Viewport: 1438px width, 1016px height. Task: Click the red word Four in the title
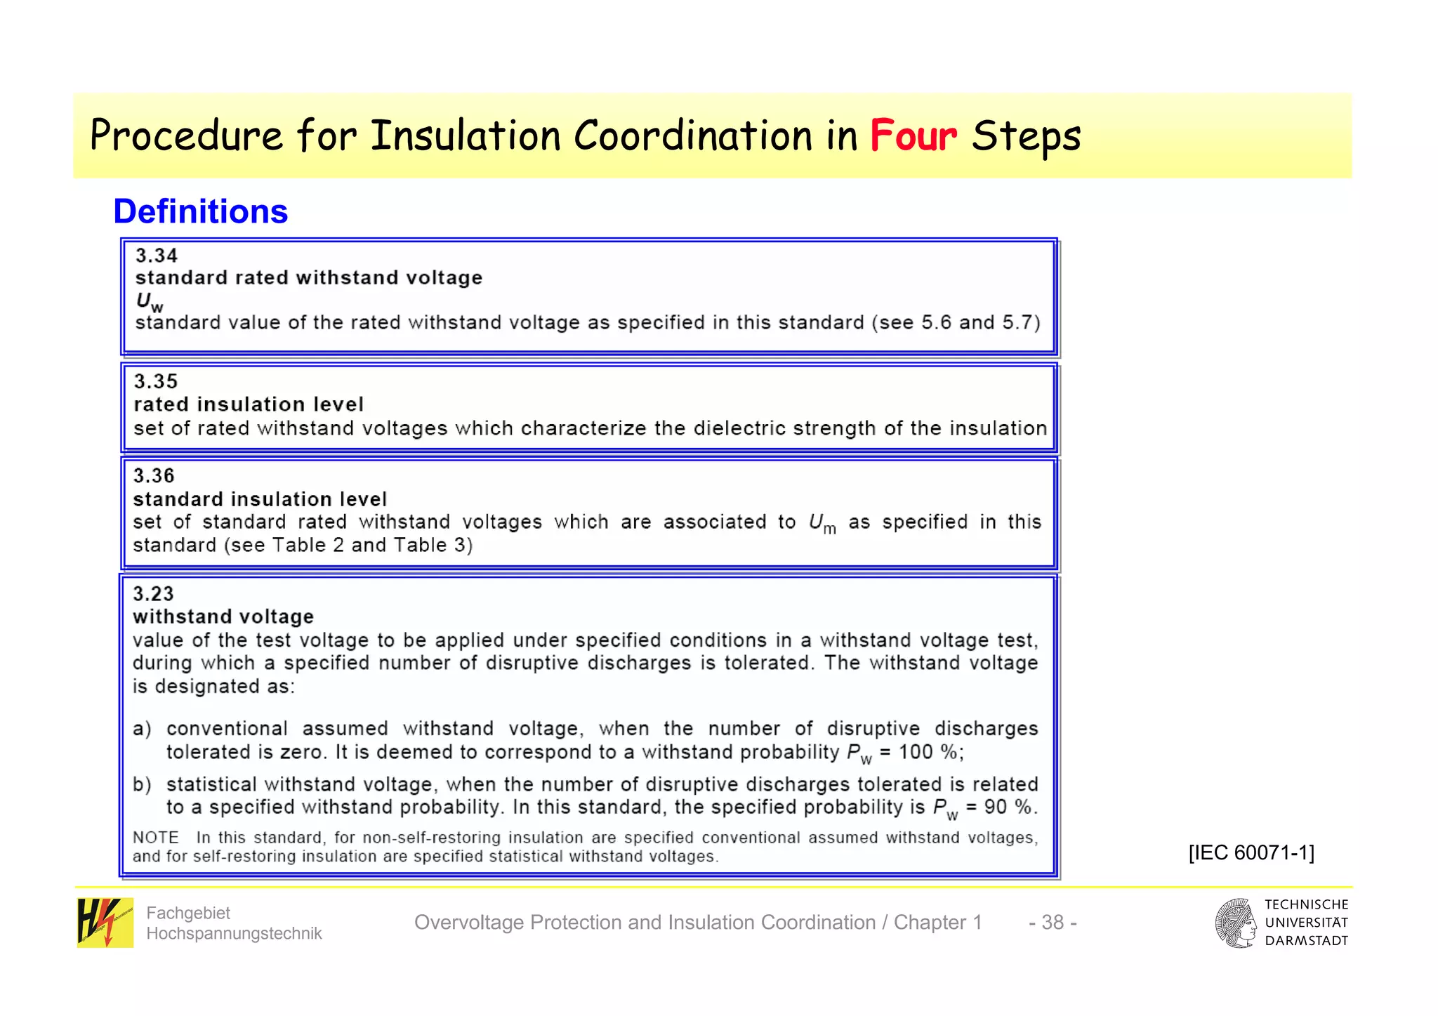[913, 136]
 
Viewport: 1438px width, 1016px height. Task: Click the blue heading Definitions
[201, 211]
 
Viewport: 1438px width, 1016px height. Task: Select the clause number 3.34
[157, 256]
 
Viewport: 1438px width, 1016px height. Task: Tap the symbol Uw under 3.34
[149, 302]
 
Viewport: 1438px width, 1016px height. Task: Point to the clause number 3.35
[156, 381]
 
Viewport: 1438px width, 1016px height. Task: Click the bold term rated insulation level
[249, 404]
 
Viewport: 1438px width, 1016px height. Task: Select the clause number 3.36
[154, 476]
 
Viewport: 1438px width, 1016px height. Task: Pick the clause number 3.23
[153, 594]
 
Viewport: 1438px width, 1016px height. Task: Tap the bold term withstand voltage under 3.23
[223, 616]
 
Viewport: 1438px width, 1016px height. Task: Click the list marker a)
[142, 729]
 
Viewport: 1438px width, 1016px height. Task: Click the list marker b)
[142, 784]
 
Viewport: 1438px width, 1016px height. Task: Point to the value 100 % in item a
[928, 752]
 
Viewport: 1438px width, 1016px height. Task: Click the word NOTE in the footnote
[156, 838]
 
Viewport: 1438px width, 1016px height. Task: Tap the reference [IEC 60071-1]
[1251, 852]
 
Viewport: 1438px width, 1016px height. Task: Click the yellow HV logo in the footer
[105, 923]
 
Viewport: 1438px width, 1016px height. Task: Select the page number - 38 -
[1053, 922]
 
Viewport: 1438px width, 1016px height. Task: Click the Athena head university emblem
[1236, 923]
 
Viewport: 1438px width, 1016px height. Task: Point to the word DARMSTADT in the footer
[1307, 941]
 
